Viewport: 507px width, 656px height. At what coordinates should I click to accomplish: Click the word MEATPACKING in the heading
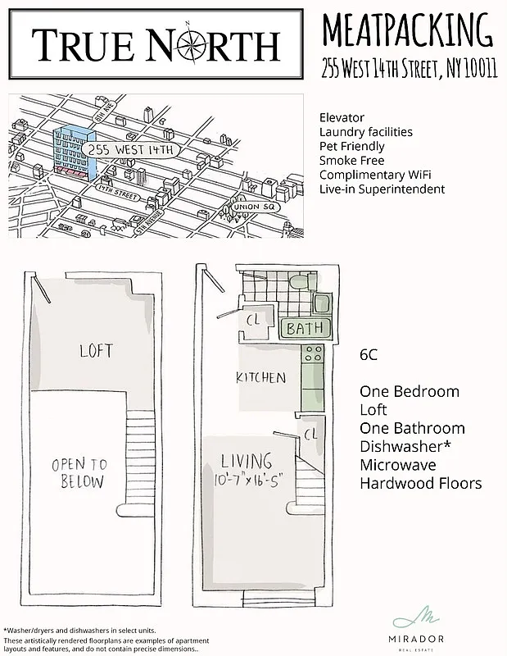(407, 31)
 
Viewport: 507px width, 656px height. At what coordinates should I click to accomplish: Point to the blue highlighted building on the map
(74, 153)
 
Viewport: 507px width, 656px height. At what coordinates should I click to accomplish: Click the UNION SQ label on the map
(256, 207)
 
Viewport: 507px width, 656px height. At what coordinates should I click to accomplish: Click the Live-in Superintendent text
(382, 189)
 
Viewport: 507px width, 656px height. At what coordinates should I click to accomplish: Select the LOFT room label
(96, 352)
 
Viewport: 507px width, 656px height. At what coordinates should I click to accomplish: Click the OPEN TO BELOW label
(79, 472)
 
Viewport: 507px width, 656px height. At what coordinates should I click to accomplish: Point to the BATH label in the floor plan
(306, 329)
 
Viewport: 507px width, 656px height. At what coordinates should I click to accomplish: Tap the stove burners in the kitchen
(313, 354)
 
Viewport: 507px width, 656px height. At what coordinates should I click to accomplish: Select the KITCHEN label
(260, 378)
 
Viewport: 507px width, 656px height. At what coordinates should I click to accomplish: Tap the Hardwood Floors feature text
(420, 482)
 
